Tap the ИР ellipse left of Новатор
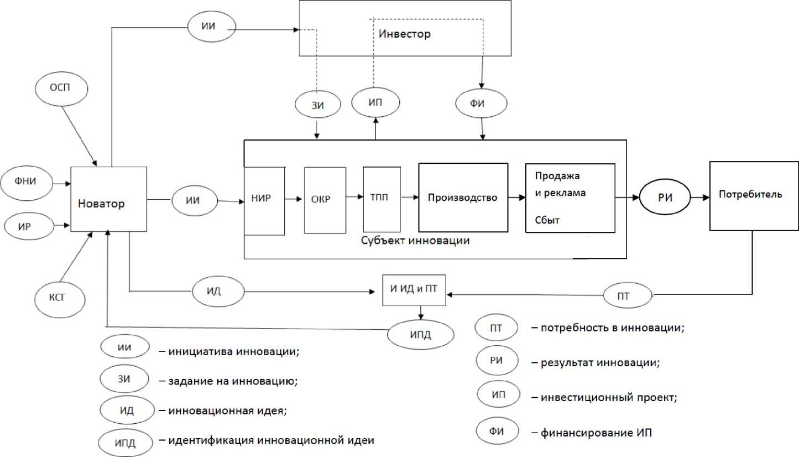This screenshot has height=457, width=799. [28, 225]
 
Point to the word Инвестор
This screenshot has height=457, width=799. [405, 34]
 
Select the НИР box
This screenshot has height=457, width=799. [264, 199]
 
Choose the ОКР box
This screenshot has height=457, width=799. [325, 199]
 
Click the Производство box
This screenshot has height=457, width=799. [463, 197]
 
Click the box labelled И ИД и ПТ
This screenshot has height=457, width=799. [414, 290]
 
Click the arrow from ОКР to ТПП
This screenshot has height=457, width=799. [354, 196]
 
